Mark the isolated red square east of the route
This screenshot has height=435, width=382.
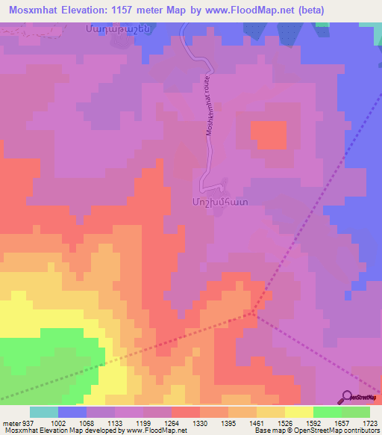(x=268, y=135)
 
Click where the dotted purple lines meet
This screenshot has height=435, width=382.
(x=254, y=312)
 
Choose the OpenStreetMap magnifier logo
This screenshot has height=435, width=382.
(x=348, y=397)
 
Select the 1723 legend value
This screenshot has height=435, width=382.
(x=370, y=422)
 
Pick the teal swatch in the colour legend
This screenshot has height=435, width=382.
(x=44, y=412)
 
